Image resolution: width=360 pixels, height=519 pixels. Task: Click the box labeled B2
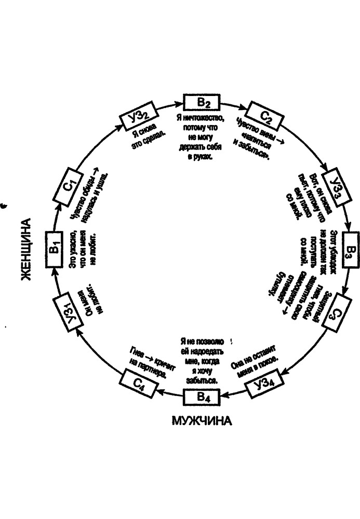pyautogui.click(x=202, y=102)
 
